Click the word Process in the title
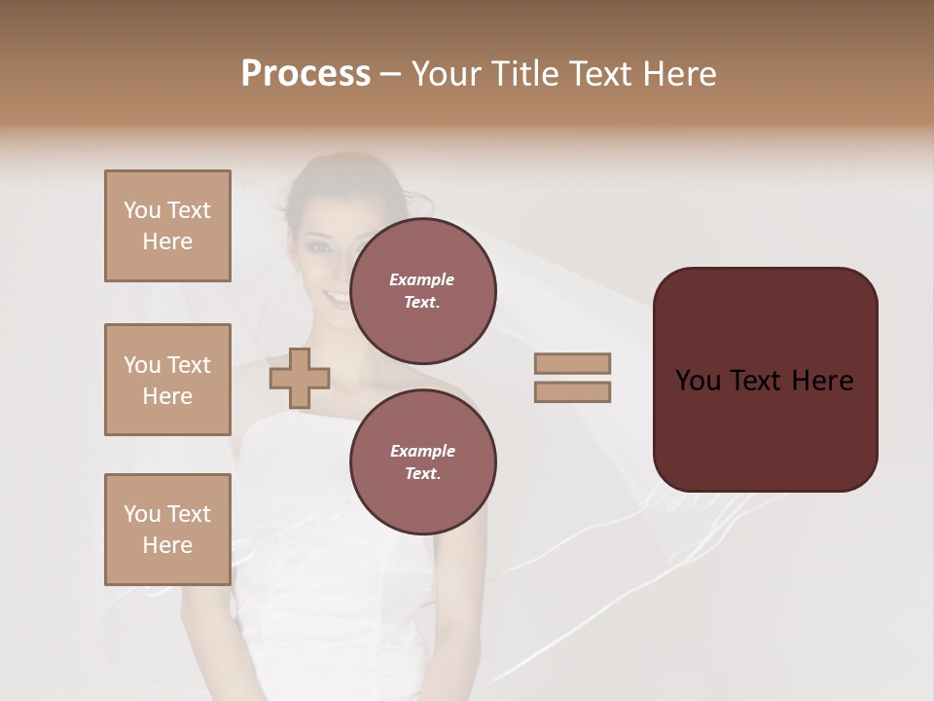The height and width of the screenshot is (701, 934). coord(305,74)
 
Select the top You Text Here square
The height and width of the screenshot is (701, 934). coord(167,226)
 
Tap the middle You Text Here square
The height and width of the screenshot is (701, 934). coord(167,380)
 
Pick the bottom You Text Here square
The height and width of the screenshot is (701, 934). coord(167,530)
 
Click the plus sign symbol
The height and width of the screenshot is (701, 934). coord(300,378)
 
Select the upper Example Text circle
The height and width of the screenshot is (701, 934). coord(422,291)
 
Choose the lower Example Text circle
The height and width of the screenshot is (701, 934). coord(422,462)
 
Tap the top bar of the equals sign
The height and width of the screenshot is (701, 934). coord(572,363)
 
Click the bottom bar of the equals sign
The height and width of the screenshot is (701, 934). coord(572,391)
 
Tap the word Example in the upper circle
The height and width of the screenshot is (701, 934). coord(422,279)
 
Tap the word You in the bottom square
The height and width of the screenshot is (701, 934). coord(142,514)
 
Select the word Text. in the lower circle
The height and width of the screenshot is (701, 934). coord(422,473)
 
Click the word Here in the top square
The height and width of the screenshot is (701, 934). coord(167,241)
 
